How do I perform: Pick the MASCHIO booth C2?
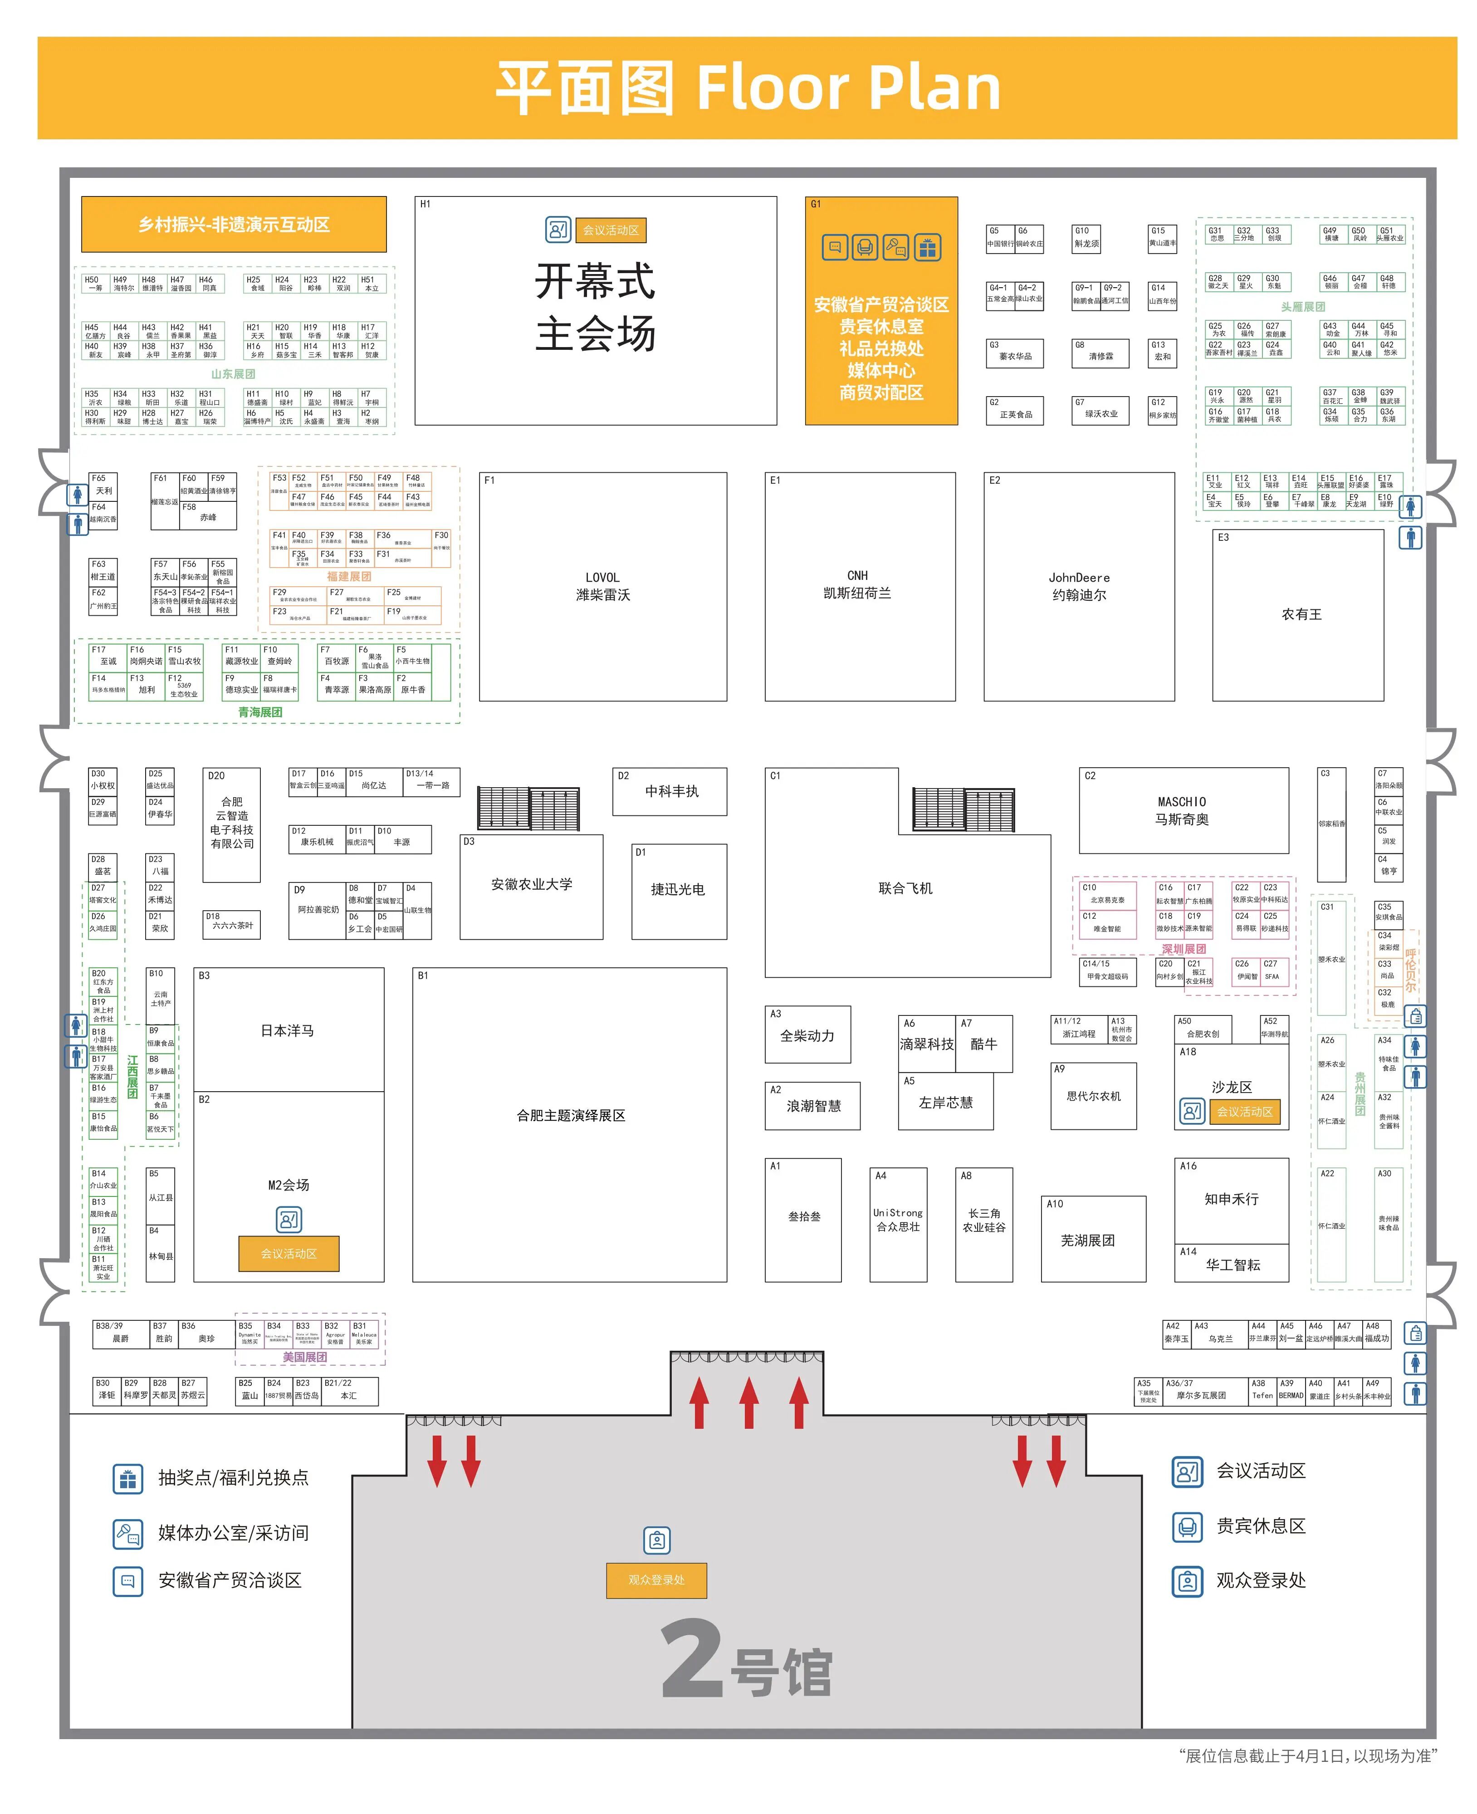click(x=1183, y=810)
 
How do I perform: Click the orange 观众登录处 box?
click(x=656, y=1580)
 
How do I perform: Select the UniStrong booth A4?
click(x=898, y=1219)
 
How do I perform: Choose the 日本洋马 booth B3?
click(x=288, y=1030)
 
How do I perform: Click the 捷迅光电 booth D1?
click(x=678, y=890)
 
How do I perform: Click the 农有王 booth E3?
click(x=1301, y=614)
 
